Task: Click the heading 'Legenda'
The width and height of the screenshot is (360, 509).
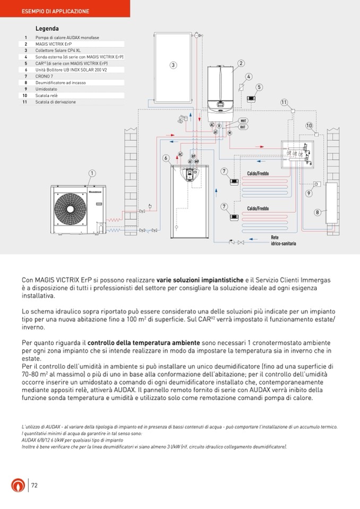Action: click(x=47, y=28)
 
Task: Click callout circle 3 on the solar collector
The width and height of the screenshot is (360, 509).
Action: click(x=173, y=65)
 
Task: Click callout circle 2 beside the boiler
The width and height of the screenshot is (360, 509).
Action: click(x=241, y=63)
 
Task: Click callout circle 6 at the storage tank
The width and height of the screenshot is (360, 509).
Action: click(x=166, y=158)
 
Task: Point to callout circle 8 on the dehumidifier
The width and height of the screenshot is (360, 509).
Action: click(x=318, y=212)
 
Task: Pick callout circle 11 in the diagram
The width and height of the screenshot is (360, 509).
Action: click(x=284, y=102)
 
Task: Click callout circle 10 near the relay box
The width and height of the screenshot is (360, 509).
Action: click(x=309, y=125)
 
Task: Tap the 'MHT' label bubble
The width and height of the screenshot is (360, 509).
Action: click(x=243, y=121)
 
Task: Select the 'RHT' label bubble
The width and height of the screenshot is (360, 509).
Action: click(x=243, y=127)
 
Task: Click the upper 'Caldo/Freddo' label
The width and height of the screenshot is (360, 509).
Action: click(x=258, y=174)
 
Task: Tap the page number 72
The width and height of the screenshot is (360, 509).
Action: click(x=35, y=485)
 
